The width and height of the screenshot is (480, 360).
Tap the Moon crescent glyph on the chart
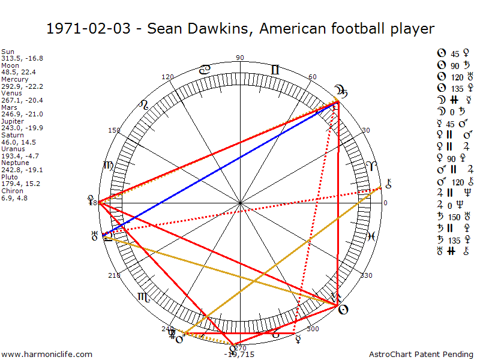pyautogui.click(x=342, y=92)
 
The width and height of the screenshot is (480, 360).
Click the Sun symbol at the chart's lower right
pyautogui.click(x=342, y=310)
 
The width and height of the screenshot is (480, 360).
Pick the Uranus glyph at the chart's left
pyautogui.click(x=94, y=236)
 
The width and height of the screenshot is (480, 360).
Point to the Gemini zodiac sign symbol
pyautogui.click(x=275, y=70)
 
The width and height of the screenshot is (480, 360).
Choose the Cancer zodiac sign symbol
pyautogui.click(x=205, y=70)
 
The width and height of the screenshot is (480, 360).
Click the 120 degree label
pyautogui.click(x=168, y=77)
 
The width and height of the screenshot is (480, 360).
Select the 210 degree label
pyautogui.click(x=114, y=275)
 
